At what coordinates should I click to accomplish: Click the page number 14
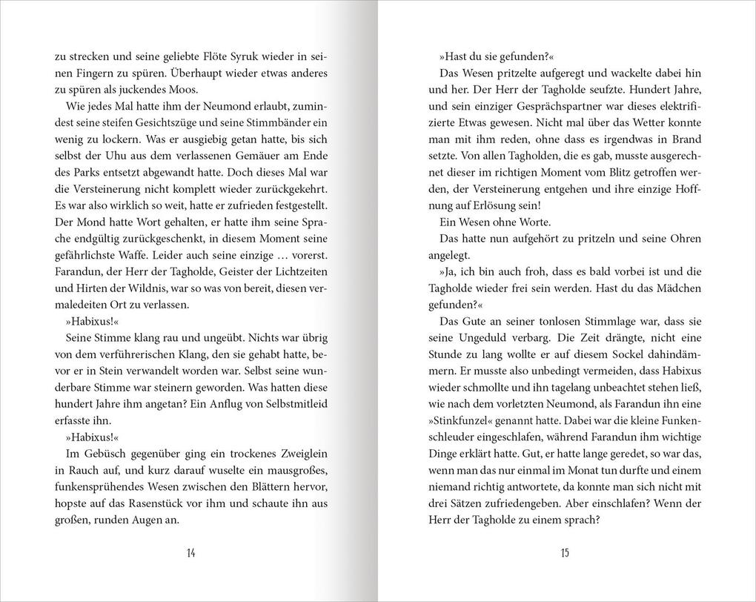point(190,552)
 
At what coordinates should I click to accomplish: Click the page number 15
point(565,552)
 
